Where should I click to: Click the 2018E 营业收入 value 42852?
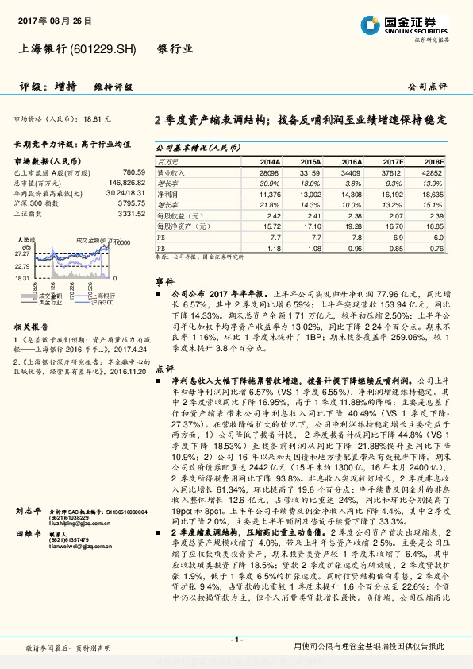point(432,172)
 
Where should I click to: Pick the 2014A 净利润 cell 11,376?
point(270,193)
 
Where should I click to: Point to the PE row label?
point(160,237)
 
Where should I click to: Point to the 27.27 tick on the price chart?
point(21,253)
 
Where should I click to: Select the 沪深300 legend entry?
point(102,303)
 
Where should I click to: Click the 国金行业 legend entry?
point(49,303)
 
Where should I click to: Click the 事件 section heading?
point(164,281)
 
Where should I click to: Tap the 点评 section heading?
point(164,369)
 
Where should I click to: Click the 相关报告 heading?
point(33,327)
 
